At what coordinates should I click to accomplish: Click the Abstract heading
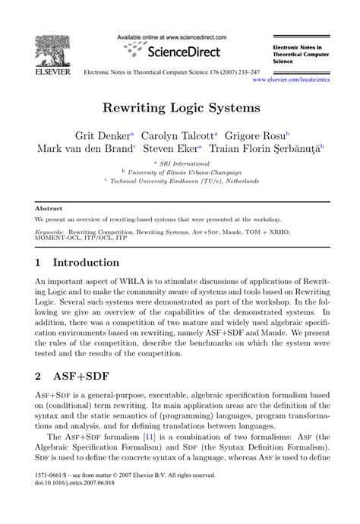(x=48, y=207)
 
